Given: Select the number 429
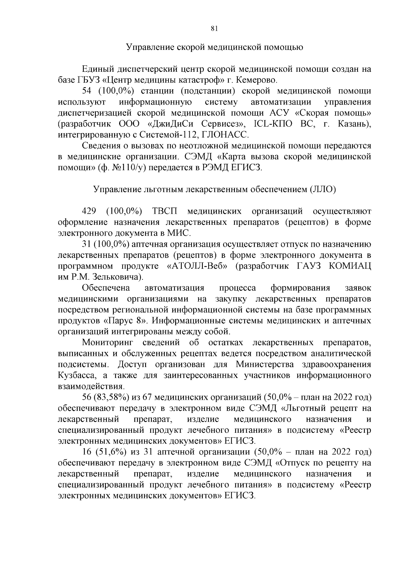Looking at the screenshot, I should click(x=89, y=211).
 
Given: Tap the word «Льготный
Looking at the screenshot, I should click(x=303, y=409).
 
